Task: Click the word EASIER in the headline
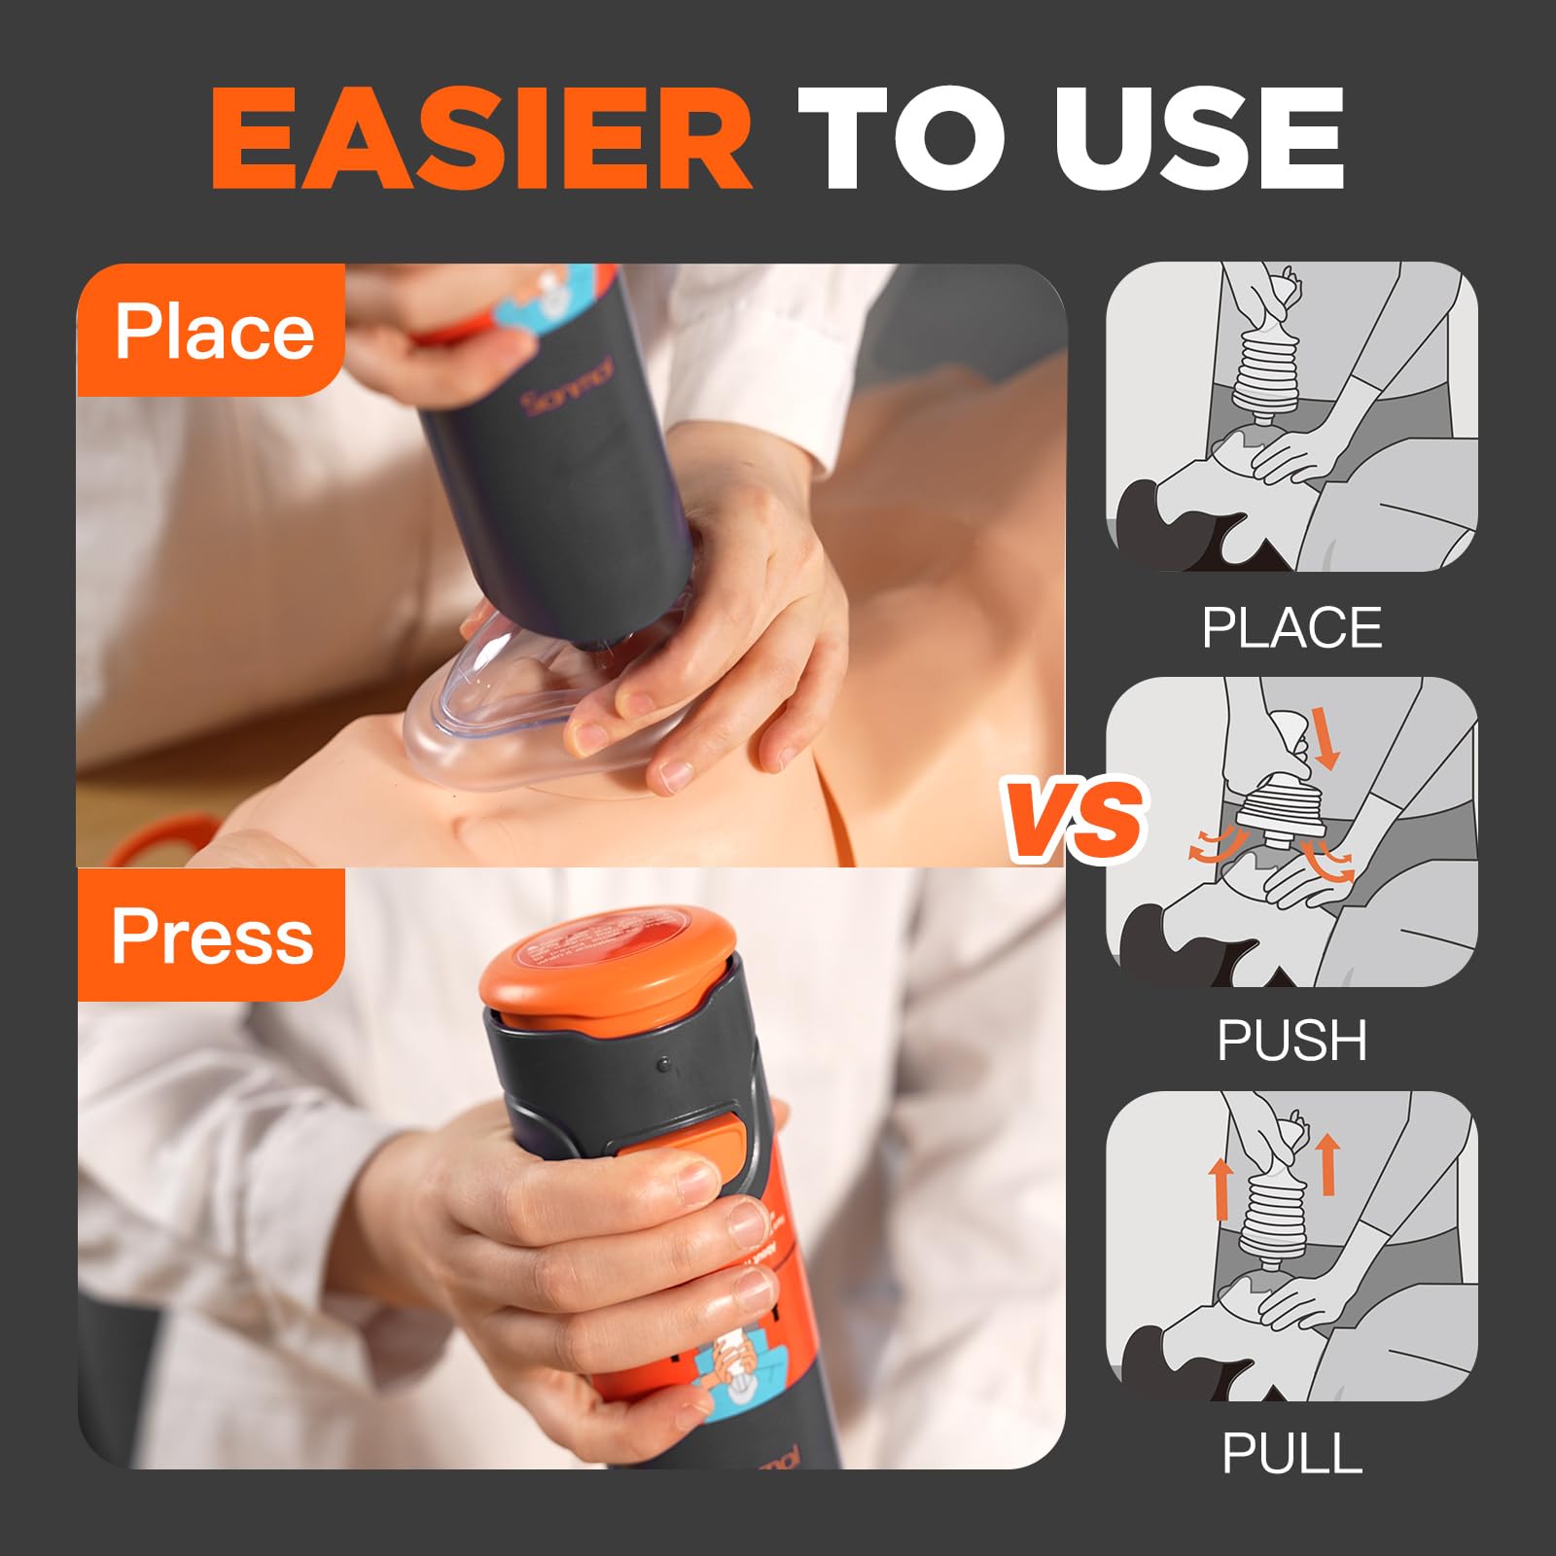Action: pos(481,138)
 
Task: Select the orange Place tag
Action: pos(212,331)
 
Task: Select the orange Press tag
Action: pos(212,936)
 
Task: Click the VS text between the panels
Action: pos(1075,819)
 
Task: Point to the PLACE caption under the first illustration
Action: pos(1291,628)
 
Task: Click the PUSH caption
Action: pos(1291,1041)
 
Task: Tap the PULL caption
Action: pos(1291,1454)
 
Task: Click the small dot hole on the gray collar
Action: pos(663,1065)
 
